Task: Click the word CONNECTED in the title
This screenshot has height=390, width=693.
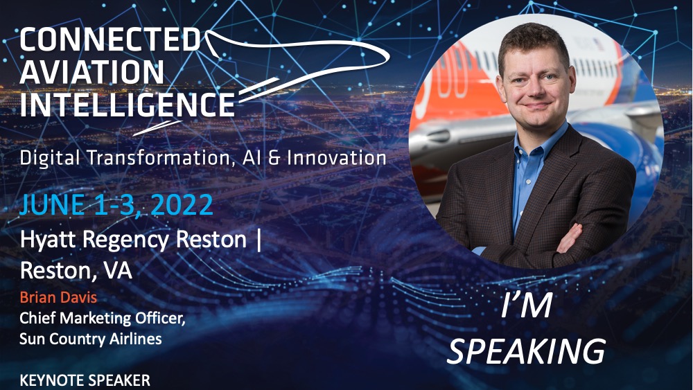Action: coord(109,39)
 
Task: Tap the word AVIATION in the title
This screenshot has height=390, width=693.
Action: coord(92,71)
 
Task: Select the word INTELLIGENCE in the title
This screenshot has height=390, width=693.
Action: coord(127,104)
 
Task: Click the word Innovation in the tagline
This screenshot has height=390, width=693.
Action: coord(337,158)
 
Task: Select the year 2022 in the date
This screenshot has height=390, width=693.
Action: coord(182,205)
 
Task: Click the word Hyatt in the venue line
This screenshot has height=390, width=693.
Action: coord(49,240)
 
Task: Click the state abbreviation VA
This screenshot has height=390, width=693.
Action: coord(118,270)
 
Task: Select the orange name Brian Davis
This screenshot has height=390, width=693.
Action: coord(58,297)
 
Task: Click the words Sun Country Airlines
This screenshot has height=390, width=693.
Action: coord(91,339)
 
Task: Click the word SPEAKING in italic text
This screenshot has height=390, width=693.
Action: coord(526,352)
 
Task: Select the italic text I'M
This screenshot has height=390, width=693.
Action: coord(527,305)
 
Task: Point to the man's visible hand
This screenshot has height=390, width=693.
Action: coord(570,238)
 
